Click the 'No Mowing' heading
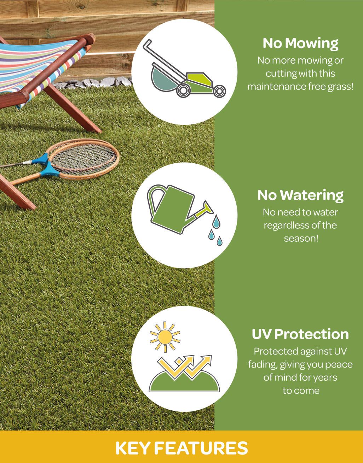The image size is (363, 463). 300,43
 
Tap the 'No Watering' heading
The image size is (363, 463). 300,195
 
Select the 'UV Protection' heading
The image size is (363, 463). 300,334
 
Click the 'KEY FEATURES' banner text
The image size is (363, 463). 181,448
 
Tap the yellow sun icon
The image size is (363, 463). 165,337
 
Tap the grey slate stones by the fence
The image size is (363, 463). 92,83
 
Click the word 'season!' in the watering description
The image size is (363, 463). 301,238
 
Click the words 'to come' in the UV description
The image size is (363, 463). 301,391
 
